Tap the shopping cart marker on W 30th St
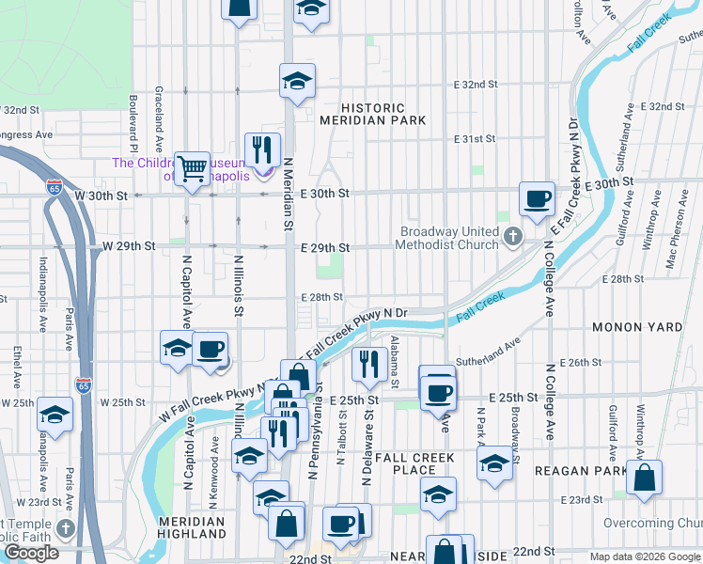193,169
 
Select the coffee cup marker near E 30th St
537,199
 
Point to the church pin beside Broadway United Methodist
512,235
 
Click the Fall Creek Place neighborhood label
414,463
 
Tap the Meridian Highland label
192,526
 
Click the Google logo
31,553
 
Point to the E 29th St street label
324,248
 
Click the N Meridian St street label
289,207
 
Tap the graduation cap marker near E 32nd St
297,80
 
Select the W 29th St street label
129,246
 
